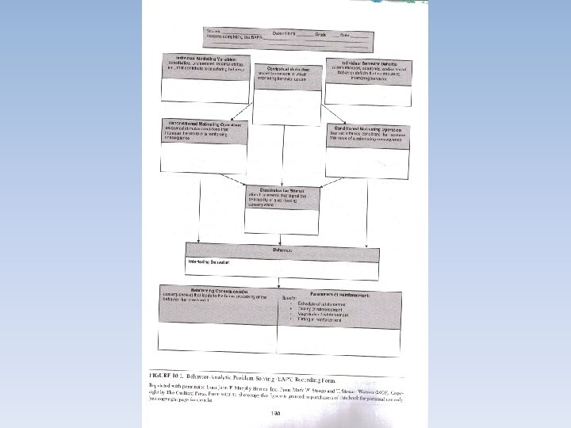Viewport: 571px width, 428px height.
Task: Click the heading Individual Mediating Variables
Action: pos(205,58)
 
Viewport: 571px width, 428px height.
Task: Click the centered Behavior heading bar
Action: pos(282,250)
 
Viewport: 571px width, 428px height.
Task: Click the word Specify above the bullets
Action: pos(290,298)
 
